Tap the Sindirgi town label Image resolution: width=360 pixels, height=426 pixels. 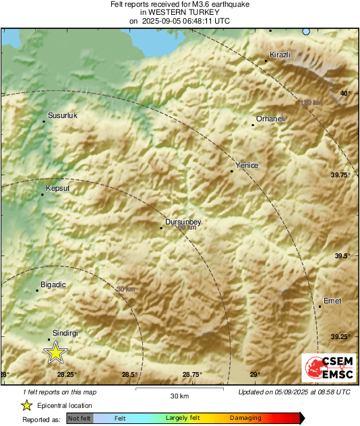(x=65, y=333)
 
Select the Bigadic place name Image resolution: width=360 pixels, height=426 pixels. (x=53, y=284)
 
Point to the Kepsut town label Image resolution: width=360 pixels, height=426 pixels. (x=57, y=188)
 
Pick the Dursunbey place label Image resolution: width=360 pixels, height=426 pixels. (x=183, y=222)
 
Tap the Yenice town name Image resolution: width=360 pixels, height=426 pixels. (x=246, y=165)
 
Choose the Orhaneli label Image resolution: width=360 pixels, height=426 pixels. (x=270, y=119)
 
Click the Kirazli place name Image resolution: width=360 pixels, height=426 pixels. (x=279, y=54)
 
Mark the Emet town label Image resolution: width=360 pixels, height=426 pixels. (x=332, y=301)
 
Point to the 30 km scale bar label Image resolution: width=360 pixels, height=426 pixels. (x=179, y=396)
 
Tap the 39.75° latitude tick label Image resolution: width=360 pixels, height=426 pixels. (x=340, y=175)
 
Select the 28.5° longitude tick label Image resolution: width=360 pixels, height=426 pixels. (x=129, y=375)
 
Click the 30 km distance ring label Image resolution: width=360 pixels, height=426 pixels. (x=125, y=289)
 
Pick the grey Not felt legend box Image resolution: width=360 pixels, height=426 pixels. (x=80, y=419)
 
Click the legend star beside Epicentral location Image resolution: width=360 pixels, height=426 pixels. (x=26, y=405)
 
